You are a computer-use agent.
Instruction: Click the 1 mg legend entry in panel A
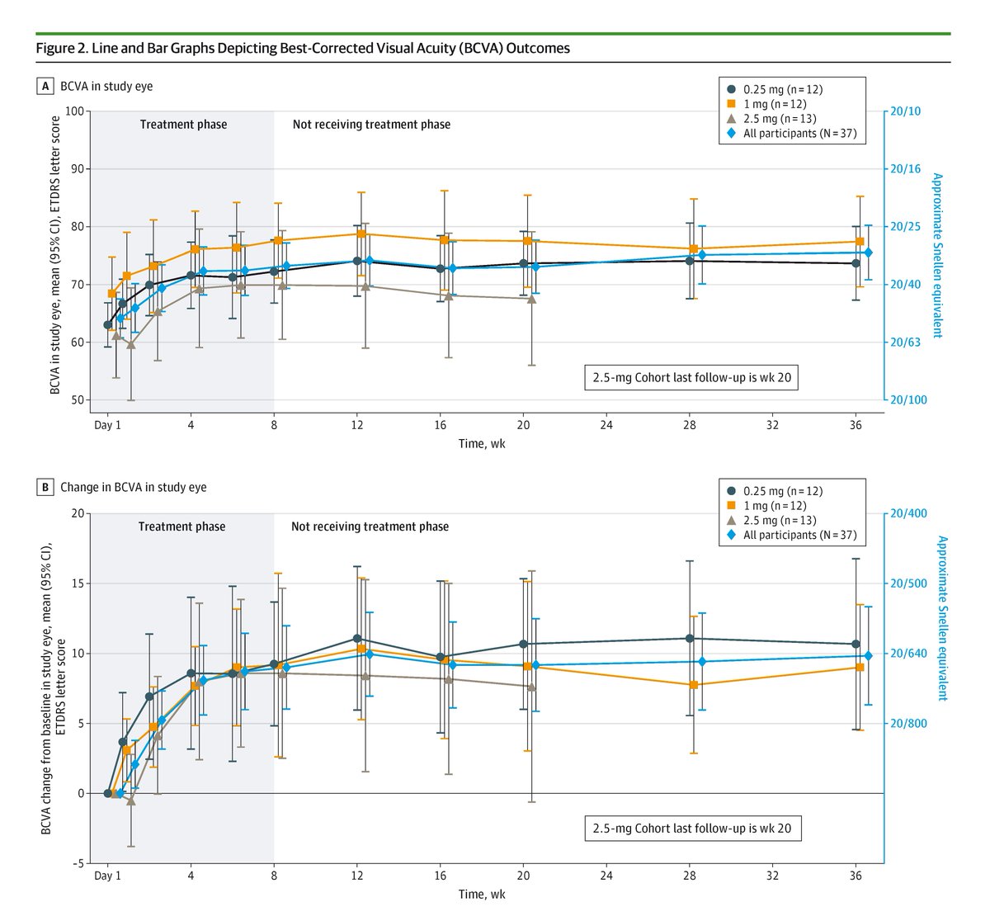[769, 104]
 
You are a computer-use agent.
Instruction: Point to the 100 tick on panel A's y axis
[73, 111]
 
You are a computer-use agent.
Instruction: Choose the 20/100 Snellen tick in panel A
[907, 400]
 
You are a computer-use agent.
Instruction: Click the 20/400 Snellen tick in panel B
[907, 513]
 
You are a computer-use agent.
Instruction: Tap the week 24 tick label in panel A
[606, 427]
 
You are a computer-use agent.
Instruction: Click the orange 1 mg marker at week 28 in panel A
[693, 248]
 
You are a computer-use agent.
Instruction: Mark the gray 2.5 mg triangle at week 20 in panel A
[531, 299]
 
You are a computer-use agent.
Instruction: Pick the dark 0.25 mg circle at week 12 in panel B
[357, 639]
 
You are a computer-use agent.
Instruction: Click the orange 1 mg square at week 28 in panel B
[693, 684]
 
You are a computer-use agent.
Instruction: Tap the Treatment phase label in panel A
[183, 125]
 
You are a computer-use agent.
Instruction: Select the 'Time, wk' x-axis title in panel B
[482, 894]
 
